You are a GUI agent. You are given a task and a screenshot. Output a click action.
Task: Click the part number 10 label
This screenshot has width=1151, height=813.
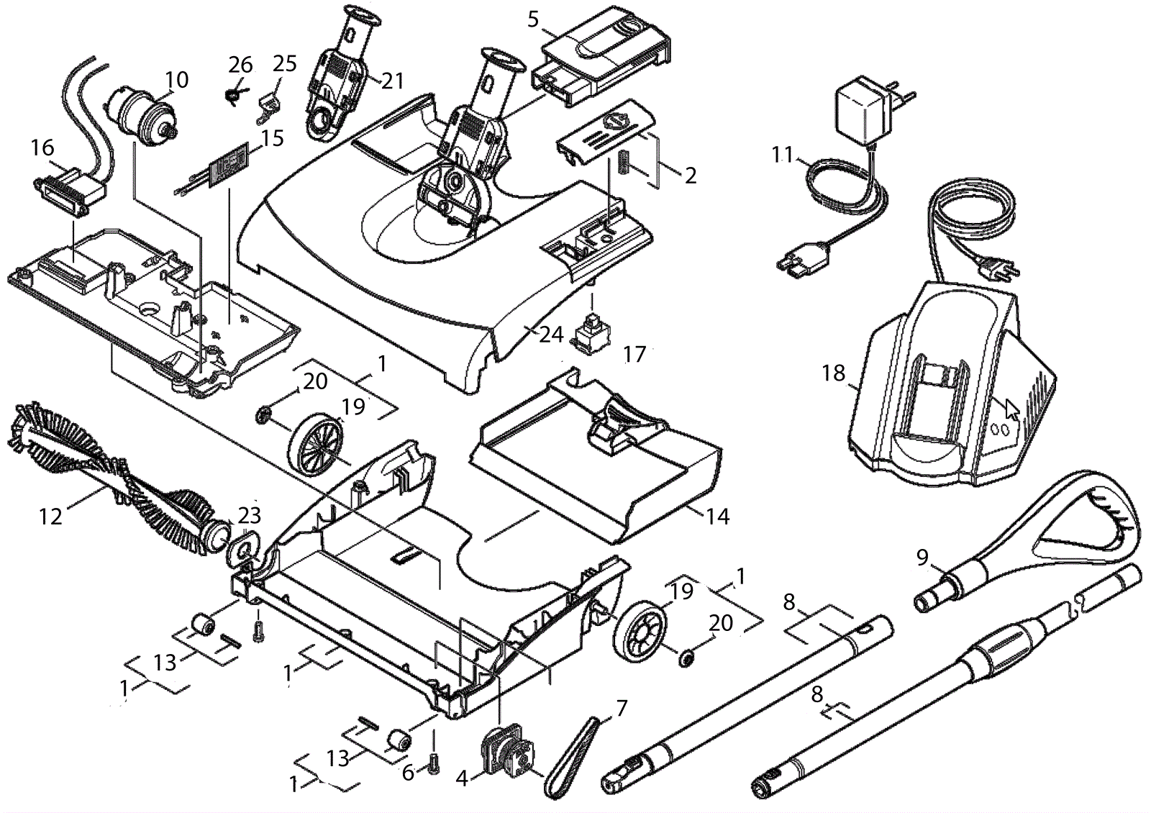coord(176,79)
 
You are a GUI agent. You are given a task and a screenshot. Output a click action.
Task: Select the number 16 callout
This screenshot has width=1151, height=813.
coord(42,147)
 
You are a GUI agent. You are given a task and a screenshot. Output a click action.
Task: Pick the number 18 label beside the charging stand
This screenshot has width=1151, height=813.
coord(834,374)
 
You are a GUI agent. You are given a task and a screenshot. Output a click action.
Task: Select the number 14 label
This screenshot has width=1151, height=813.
coord(717,516)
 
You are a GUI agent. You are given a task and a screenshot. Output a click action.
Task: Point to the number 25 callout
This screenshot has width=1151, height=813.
coord(285,63)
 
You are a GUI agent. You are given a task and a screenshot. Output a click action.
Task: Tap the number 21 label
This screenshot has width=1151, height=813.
coord(393,81)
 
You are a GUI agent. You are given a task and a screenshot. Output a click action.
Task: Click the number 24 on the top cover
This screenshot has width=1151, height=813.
coord(552,335)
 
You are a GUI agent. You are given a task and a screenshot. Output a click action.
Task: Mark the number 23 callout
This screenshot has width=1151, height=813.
coord(250,515)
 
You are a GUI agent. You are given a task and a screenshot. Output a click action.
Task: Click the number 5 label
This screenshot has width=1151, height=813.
coord(533,19)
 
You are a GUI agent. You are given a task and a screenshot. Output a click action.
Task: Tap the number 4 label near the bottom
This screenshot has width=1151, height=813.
coord(462,778)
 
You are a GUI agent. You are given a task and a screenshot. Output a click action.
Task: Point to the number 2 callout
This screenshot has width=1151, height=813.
coord(690,175)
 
